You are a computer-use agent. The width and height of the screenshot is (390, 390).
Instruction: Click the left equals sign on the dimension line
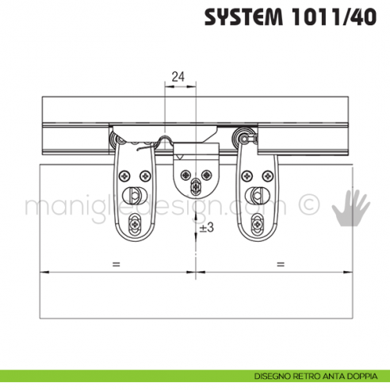[x=116, y=262]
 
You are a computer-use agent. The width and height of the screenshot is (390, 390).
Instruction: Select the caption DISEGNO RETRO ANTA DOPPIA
[x=318, y=375]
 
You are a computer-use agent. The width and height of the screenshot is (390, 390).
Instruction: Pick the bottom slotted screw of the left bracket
[x=136, y=224]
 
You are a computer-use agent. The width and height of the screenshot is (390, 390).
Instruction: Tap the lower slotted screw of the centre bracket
[x=196, y=187]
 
